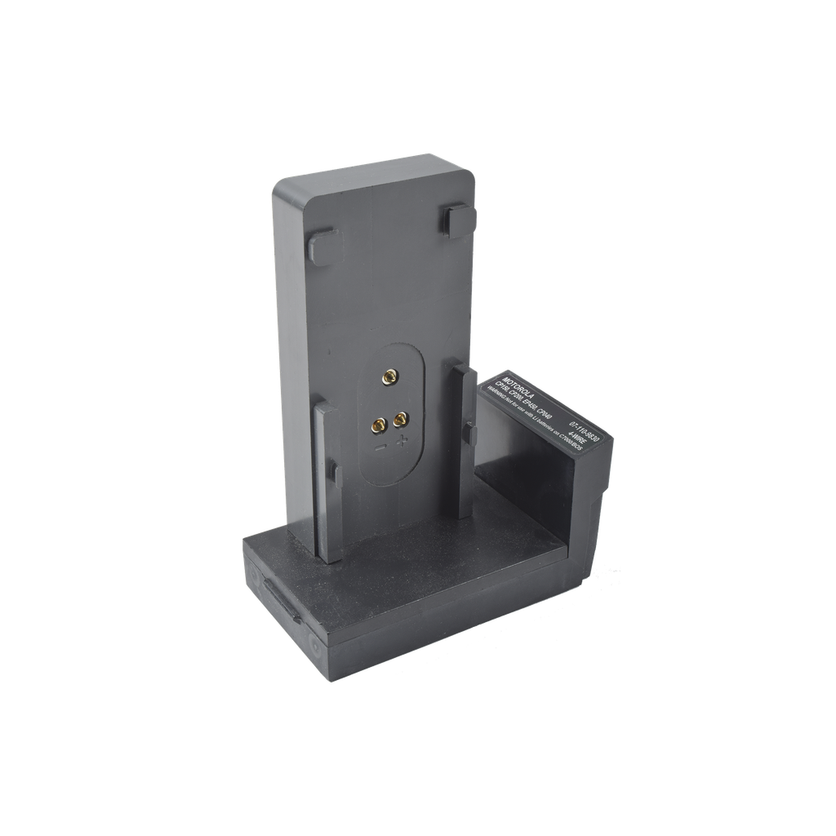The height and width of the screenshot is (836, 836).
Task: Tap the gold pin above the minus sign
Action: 380,426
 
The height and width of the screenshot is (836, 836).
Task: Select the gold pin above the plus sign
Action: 400,420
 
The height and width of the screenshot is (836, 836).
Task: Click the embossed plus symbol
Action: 402,442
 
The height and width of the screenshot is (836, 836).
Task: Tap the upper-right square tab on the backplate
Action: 460,220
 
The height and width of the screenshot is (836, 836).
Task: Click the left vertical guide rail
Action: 327,481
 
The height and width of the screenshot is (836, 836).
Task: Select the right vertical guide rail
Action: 464,441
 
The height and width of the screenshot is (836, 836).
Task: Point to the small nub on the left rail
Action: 333,470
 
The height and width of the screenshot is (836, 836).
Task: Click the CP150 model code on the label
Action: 500,386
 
